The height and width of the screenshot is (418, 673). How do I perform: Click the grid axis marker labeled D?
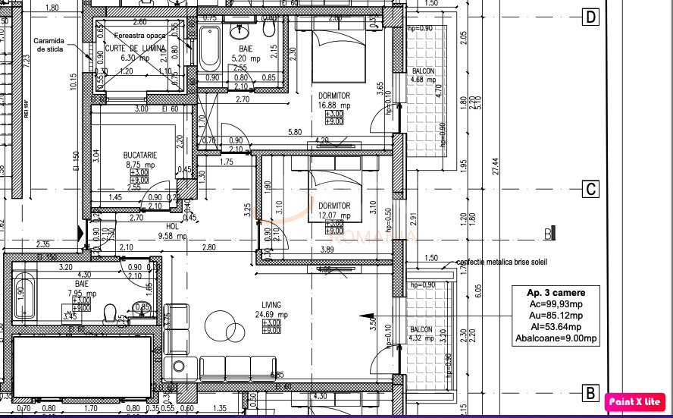tap(590, 17)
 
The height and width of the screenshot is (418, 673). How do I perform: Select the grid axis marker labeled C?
tap(590, 190)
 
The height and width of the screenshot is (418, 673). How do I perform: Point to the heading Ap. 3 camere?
tap(556, 292)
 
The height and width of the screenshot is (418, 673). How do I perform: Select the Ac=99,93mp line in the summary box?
tap(556, 303)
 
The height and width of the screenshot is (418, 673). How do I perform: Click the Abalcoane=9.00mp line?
tap(556, 339)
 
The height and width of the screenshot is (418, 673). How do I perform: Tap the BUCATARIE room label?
tap(139, 154)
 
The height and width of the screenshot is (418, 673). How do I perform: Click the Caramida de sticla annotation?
tap(50, 46)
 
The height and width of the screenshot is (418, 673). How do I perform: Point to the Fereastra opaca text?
tap(139, 36)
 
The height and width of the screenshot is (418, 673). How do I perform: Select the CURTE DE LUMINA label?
tap(134, 48)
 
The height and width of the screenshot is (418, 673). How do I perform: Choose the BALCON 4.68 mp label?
tap(423, 74)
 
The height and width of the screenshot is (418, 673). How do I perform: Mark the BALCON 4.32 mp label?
tap(421, 334)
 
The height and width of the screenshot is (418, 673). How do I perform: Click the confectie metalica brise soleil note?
tap(501, 262)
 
